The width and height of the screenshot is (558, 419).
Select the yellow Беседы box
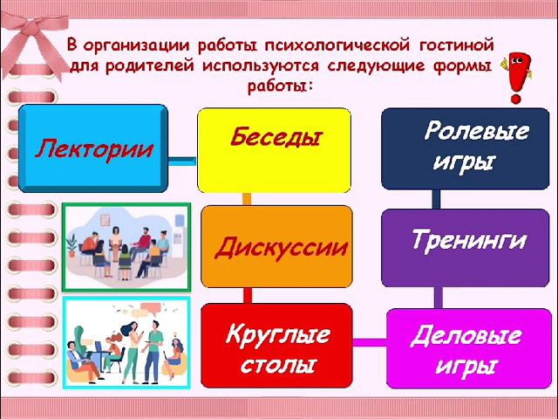pyautogui.click(x=274, y=149)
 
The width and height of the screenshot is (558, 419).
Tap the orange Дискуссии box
pyautogui.click(x=277, y=246)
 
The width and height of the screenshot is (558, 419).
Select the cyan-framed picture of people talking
pyautogui.click(x=126, y=342)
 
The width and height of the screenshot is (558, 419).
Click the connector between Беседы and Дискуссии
pyautogui.click(x=247, y=199)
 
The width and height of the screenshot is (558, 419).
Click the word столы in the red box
pyautogui.click(x=279, y=361)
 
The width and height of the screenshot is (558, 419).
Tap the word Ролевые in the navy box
pyautogui.click(x=475, y=133)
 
